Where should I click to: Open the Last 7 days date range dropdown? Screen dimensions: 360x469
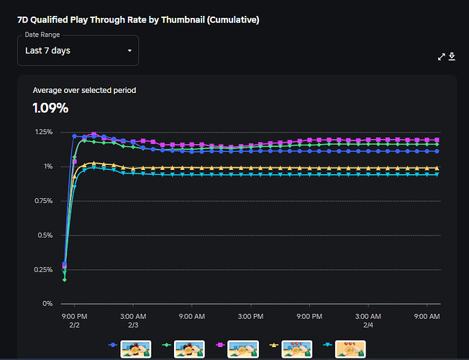(x=78, y=51)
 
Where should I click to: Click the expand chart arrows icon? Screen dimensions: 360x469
(x=442, y=57)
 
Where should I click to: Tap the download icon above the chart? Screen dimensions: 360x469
(x=452, y=57)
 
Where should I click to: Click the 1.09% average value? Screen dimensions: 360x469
(x=50, y=108)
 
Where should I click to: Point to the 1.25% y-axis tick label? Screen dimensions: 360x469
(x=42, y=132)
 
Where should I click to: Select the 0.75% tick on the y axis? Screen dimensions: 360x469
(x=42, y=201)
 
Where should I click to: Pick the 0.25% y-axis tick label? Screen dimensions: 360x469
(x=42, y=269)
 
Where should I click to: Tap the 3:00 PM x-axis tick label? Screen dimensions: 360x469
(x=250, y=316)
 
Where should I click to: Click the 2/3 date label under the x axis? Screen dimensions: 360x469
(x=133, y=325)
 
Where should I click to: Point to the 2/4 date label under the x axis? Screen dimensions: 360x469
(x=368, y=325)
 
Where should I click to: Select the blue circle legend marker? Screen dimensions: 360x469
(x=114, y=346)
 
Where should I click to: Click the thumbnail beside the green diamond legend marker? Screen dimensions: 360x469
(x=191, y=349)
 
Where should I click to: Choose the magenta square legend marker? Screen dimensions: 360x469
(x=217, y=346)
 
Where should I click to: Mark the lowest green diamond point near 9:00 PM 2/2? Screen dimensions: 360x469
(x=65, y=279)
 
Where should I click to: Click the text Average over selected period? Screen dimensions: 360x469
(x=84, y=90)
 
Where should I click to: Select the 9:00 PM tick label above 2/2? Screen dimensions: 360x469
(x=74, y=316)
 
